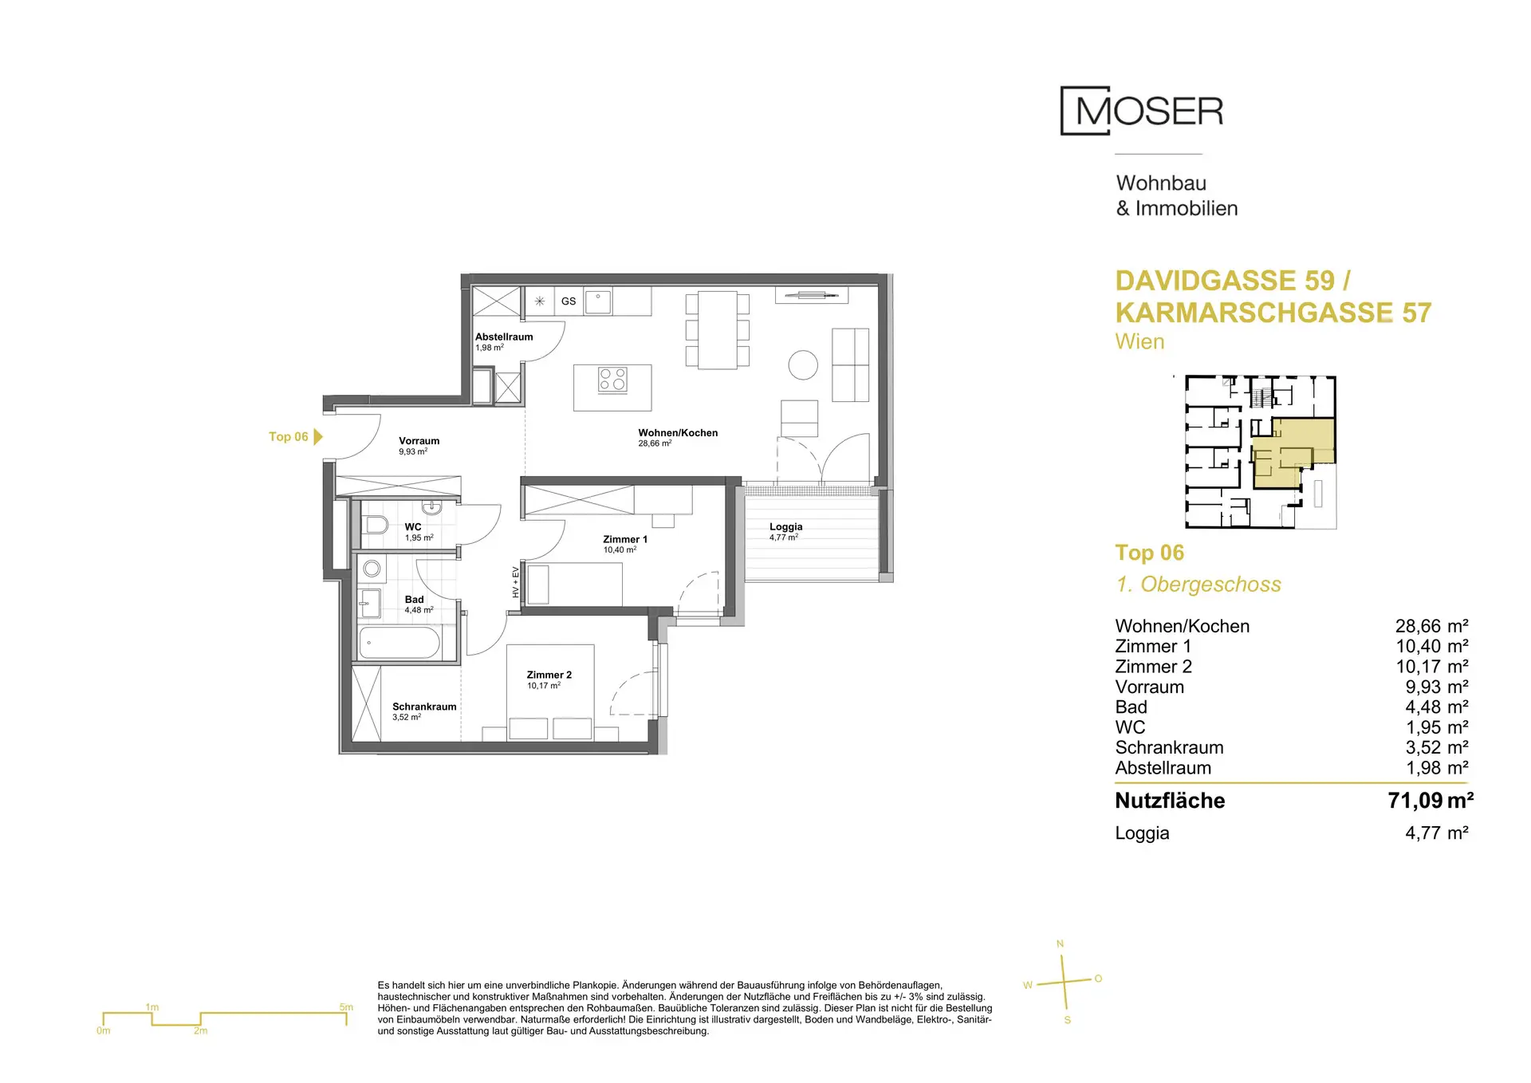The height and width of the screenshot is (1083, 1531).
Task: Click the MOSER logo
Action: [1142, 111]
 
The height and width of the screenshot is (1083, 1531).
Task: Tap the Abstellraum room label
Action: [504, 337]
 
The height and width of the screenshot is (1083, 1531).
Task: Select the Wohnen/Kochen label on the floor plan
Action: [678, 433]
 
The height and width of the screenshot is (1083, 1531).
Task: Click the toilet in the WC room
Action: [375, 525]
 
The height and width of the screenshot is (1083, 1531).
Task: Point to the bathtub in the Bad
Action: [399, 643]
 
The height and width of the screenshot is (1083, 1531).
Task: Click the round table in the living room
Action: [803, 365]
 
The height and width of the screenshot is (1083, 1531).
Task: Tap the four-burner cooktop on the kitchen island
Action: [613, 379]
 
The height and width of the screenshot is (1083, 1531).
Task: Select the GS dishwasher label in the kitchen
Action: [569, 301]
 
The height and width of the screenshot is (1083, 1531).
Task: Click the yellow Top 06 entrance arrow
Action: [318, 436]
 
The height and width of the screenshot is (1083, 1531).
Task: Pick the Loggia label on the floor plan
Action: [786, 526]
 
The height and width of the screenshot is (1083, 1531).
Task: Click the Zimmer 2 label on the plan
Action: [549, 675]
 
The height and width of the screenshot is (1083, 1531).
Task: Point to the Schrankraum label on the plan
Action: [424, 707]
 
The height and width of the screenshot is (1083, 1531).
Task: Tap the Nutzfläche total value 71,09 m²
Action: [1431, 801]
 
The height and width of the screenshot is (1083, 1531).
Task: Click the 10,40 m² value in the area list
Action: [1432, 646]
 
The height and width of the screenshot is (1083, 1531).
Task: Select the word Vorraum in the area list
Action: [1150, 687]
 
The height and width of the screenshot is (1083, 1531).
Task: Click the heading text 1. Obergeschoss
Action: [1198, 585]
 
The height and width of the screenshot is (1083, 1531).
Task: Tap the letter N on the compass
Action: [1060, 944]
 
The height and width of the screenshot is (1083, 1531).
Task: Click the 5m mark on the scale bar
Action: [346, 1007]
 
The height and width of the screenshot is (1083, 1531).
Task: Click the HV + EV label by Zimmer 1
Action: [516, 582]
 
